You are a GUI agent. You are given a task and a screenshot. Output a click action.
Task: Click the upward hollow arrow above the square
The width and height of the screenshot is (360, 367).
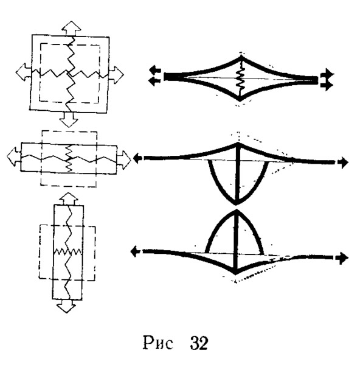[x=71, y=28]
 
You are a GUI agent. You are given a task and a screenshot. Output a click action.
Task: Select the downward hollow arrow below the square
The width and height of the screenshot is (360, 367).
[x=69, y=119]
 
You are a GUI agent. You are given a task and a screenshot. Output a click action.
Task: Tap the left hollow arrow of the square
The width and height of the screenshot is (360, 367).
[x=23, y=72]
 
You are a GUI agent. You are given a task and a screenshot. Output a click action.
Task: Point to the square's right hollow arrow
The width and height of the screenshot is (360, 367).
[x=116, y=75]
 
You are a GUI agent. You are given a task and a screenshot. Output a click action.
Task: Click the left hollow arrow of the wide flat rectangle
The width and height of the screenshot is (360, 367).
[x=14, y=156]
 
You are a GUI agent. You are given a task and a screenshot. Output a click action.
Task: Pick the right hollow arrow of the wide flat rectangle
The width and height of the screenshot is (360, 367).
[x=123, y=160]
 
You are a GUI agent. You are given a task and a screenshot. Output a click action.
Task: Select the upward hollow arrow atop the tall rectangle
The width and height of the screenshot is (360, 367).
[x=68, y=199]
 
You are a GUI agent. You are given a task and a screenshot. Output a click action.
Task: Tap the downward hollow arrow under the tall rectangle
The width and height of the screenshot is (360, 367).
[x=66, y=306]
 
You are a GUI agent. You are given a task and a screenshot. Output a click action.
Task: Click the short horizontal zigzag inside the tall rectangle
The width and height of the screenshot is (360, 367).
[x=67, y=252]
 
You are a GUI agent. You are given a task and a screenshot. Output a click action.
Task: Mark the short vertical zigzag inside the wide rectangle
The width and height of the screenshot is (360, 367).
[x=69, y=159]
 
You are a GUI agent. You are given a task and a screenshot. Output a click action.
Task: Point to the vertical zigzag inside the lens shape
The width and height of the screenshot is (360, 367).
[x=241, y=79]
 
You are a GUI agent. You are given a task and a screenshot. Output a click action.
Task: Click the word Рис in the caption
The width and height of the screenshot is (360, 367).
[x=158, y=343]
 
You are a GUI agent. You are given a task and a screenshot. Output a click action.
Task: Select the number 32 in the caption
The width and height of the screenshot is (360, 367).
[x=199, y=343]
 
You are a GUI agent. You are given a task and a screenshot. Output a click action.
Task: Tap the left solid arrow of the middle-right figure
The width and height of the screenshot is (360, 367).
[x=138, y=158]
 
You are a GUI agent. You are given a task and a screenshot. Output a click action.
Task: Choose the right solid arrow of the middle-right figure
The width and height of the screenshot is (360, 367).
[x=342, y=163]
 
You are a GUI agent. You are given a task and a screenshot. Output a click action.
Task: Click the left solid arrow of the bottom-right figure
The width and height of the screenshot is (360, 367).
[x=136, y=252]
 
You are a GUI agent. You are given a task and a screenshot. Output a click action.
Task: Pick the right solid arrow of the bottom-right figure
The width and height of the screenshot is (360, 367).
[x=342, y=258]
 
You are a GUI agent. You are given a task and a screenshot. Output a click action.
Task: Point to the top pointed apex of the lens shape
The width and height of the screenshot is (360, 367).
[x=241, y=56]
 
